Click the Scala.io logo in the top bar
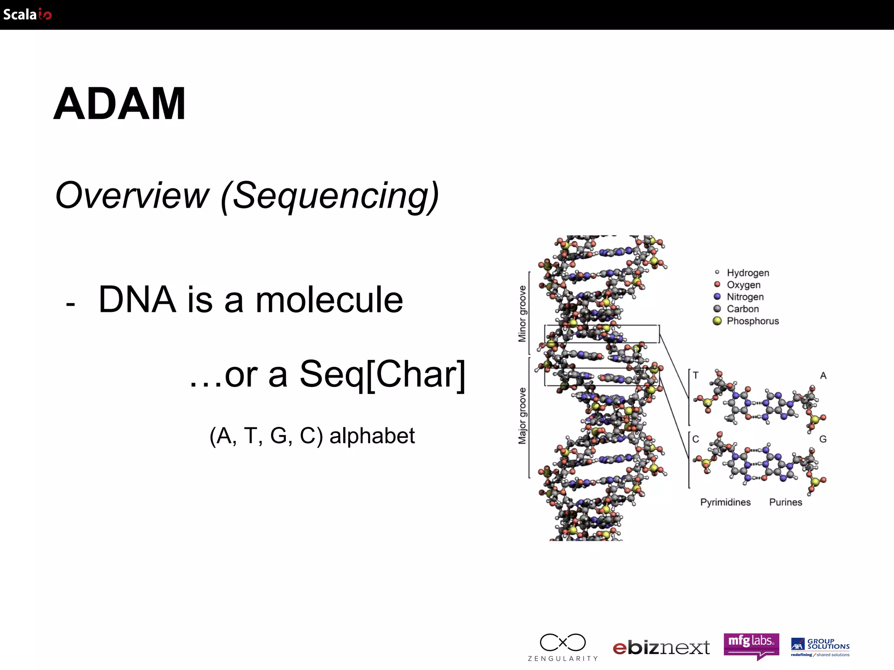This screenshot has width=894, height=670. (x=27, y=14)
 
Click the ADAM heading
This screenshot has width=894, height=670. (x=120, y=104)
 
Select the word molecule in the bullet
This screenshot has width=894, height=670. (x=329, y=300)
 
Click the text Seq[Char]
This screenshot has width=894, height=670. (x=382, y=374)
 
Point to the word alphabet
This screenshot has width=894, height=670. (x=372, y=436)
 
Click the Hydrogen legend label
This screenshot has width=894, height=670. (x=747, y=273)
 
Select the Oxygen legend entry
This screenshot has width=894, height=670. (x=743, y=285)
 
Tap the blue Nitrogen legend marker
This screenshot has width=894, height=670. (x=717, y=297)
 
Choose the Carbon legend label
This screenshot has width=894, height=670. (x=742, y=309)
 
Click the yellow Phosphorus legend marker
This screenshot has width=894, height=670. (x=717, y=321)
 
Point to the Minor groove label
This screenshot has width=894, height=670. (x=522, y=314)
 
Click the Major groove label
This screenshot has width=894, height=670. (x=522, y=416)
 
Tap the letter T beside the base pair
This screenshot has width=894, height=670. (x=695, y=375)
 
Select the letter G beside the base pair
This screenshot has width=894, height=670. (x=822, y=439)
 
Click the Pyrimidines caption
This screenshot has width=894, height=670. (x=725, y=502)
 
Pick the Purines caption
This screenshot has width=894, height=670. (x=785, y=502)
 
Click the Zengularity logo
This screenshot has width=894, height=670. (x=562, y=647)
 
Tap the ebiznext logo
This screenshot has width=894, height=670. (x=661, y=647)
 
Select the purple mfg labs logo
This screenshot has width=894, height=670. (x=751, y=644)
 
